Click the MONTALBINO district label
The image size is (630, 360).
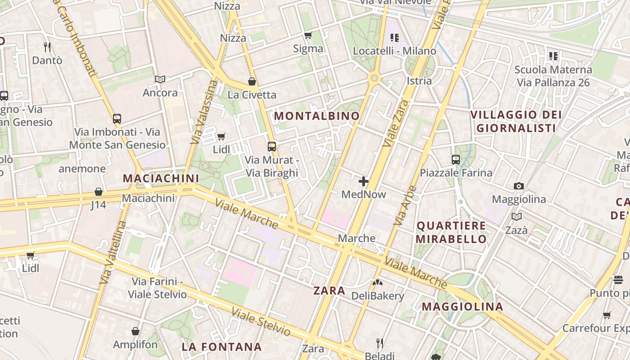[317, 116]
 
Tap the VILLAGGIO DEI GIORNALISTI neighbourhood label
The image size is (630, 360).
[516, 121]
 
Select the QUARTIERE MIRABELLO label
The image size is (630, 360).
[451, 232]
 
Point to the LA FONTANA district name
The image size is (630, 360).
[221, 347]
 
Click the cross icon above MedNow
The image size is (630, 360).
[364, 182]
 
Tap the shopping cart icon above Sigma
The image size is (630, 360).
[308, 36]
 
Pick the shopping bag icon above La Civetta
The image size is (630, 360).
[252, 81]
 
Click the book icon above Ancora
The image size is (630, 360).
[160, 79]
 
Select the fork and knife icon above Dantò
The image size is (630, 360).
[47, 47]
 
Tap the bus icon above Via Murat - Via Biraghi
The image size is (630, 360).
[272, 146]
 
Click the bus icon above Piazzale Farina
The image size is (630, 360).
[456, 159]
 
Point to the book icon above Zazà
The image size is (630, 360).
[517, 217]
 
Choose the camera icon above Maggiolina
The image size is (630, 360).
[519, 186]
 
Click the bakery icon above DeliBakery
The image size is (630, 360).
[377, 283]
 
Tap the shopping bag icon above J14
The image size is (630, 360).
[99, 192]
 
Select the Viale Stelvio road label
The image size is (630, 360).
[261, 322]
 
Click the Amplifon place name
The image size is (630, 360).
[135, 345]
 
